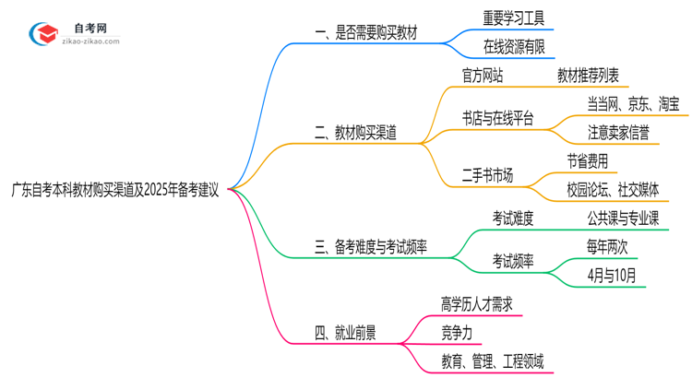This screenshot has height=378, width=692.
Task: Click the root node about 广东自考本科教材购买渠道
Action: (114, 191)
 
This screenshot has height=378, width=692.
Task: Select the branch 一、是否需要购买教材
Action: (366, 34)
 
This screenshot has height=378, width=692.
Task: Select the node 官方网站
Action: (483, 76)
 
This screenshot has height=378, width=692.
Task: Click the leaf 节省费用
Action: (588, 161)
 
